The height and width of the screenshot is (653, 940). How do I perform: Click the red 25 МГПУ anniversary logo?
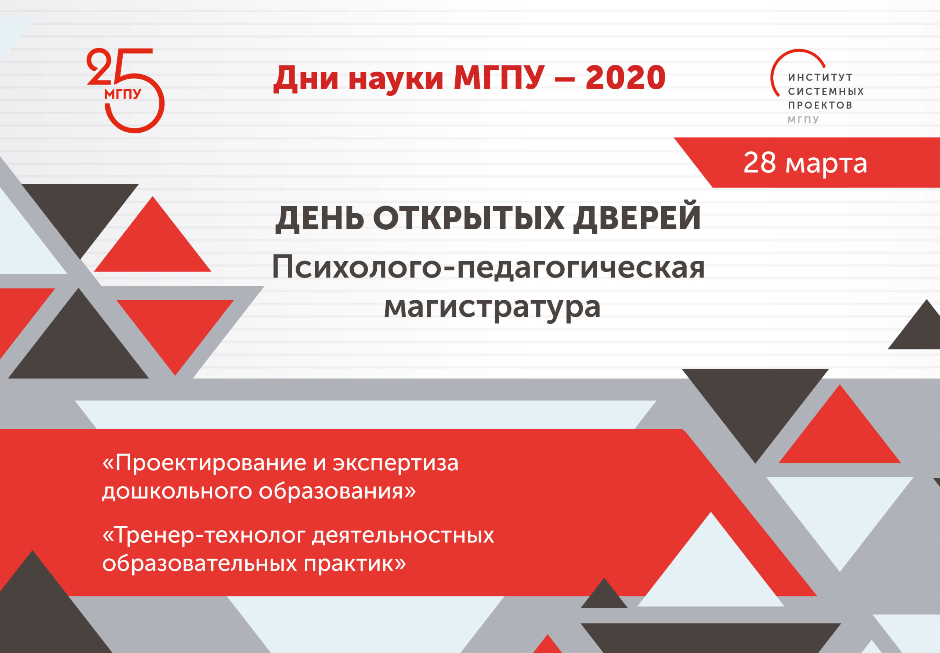pos(126,90)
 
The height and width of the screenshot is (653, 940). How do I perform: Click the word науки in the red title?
pos(396,80)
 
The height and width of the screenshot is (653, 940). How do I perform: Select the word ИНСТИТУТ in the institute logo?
pos(820,77)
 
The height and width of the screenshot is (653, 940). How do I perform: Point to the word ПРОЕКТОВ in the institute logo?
pos(820,105)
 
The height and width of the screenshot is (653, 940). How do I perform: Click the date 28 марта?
pos(805,163)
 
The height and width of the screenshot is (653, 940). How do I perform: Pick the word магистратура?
pos(492,307)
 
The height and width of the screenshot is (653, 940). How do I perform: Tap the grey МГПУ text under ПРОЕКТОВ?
pos(803,120)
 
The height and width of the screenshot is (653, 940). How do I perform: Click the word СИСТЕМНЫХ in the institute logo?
pos(826,91)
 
